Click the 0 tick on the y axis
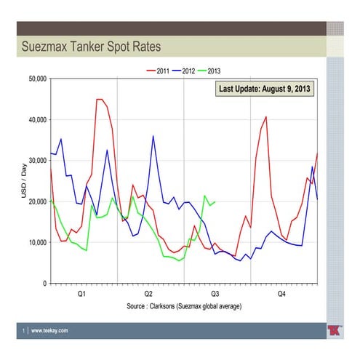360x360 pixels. click(44, 283)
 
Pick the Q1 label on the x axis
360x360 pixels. click(81, 294)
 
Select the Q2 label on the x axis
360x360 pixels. click(149, 294)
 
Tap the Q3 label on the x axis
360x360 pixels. click(216, 294)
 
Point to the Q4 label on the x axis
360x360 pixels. click(282, 294)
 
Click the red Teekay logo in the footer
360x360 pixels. click(335, 330)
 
